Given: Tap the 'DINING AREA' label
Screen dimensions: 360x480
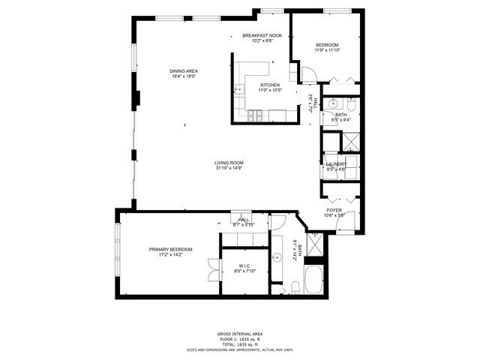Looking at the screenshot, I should (184, 71).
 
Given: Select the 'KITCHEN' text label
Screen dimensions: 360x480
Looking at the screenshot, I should (270, 85).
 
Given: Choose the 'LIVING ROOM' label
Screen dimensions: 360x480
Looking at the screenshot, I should (229, 163).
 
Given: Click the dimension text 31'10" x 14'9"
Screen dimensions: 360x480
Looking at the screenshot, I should (229, 168).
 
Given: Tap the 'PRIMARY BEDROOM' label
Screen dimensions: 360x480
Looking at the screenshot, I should (170, 249).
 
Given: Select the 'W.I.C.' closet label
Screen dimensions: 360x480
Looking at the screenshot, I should (244, 266).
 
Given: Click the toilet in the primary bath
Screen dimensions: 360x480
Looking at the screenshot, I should (295, 286).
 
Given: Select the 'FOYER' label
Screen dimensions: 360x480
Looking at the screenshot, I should (334, 210).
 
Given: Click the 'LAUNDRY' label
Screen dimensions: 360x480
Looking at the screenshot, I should (335, 163).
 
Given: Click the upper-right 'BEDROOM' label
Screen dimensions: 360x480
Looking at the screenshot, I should (327, 45).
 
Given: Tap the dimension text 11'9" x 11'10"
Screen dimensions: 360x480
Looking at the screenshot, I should (327, 50).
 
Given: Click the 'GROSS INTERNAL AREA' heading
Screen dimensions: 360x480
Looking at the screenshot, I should (240, 334).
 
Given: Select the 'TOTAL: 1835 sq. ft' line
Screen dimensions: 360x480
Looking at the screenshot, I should (240, 343).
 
